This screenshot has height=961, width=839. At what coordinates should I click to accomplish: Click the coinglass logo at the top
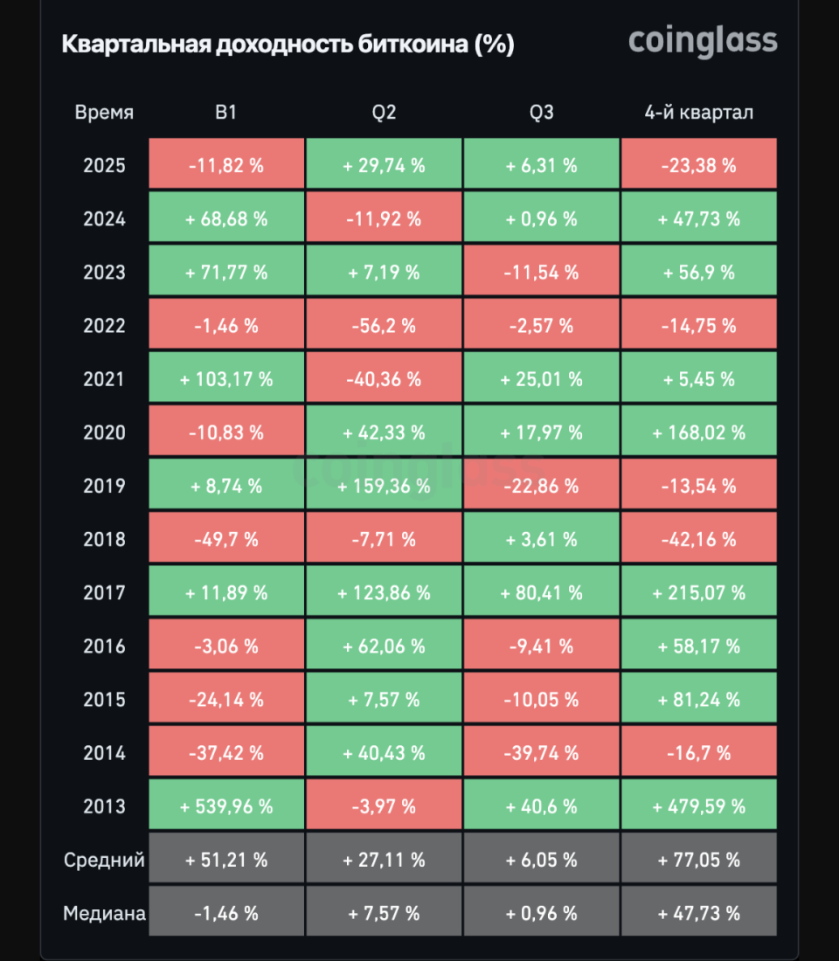point(703,41)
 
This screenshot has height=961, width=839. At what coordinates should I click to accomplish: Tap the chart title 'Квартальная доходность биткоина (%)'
point(288,45)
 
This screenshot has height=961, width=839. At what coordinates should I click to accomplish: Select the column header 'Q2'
point(384,113)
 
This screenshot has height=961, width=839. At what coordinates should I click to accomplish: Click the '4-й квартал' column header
point(698,113)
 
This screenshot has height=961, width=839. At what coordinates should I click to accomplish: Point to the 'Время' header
point(104,113)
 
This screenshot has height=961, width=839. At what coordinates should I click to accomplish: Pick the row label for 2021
point(104,380)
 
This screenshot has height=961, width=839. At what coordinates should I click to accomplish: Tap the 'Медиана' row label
point(104,914)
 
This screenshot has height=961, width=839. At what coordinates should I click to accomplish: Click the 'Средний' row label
point(104,861)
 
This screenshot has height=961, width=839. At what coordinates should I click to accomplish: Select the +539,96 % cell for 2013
point(226,806)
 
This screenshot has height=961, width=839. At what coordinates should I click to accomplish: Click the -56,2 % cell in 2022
point(384,327)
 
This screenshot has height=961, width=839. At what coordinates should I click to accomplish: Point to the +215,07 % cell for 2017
point(698,593)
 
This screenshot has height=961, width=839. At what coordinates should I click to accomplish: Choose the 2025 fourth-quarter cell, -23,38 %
point(698,166)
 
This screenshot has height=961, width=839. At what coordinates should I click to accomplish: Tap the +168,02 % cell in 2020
point(698,433)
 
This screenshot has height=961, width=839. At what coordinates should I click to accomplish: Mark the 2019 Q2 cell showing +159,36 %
point(384,487)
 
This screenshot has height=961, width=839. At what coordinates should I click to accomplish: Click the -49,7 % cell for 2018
point(226,540)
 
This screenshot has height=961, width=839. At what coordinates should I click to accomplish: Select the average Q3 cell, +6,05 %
point(541,861)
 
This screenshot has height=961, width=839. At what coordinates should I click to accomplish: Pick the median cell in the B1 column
point(226,914)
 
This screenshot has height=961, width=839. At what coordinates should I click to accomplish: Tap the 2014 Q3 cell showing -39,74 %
point(541,753)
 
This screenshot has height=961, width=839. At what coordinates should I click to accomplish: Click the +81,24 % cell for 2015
point(698,700)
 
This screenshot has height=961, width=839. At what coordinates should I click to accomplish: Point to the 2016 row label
point(104,646)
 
